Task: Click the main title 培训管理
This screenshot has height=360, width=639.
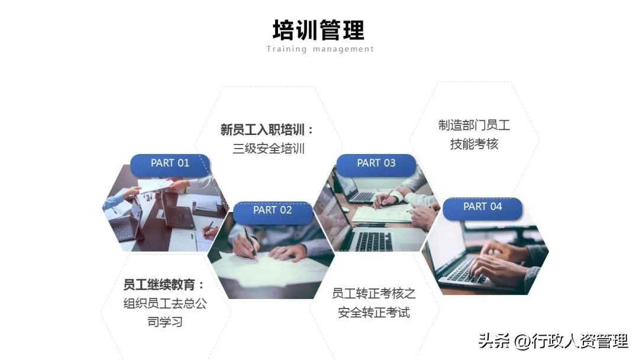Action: click(319, 29)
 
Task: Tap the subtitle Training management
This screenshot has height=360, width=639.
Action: click(320, 49)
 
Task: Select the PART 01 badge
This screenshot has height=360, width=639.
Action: click(170, 163)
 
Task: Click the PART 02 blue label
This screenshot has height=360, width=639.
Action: click(272, 210)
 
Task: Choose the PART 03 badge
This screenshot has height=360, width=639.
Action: click(376, 163)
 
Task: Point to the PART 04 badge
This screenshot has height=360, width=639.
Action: click(482, 207)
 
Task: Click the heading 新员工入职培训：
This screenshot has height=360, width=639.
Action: click(267, 130)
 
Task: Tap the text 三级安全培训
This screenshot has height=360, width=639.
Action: click(269, 149)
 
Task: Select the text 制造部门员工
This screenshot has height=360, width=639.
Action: click(474, 126)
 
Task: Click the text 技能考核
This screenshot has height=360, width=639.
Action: click(474, 144)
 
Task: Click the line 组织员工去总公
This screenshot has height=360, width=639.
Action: click(165, 304)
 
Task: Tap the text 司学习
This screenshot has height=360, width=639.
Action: click(165, 323)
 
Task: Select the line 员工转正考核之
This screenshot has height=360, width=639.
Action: click(374, 293)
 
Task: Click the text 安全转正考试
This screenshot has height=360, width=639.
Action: click(374, 312)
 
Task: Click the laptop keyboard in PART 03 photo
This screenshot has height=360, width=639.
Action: click(373, 240)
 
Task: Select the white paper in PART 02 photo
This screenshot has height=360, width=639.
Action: click(278, 269)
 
